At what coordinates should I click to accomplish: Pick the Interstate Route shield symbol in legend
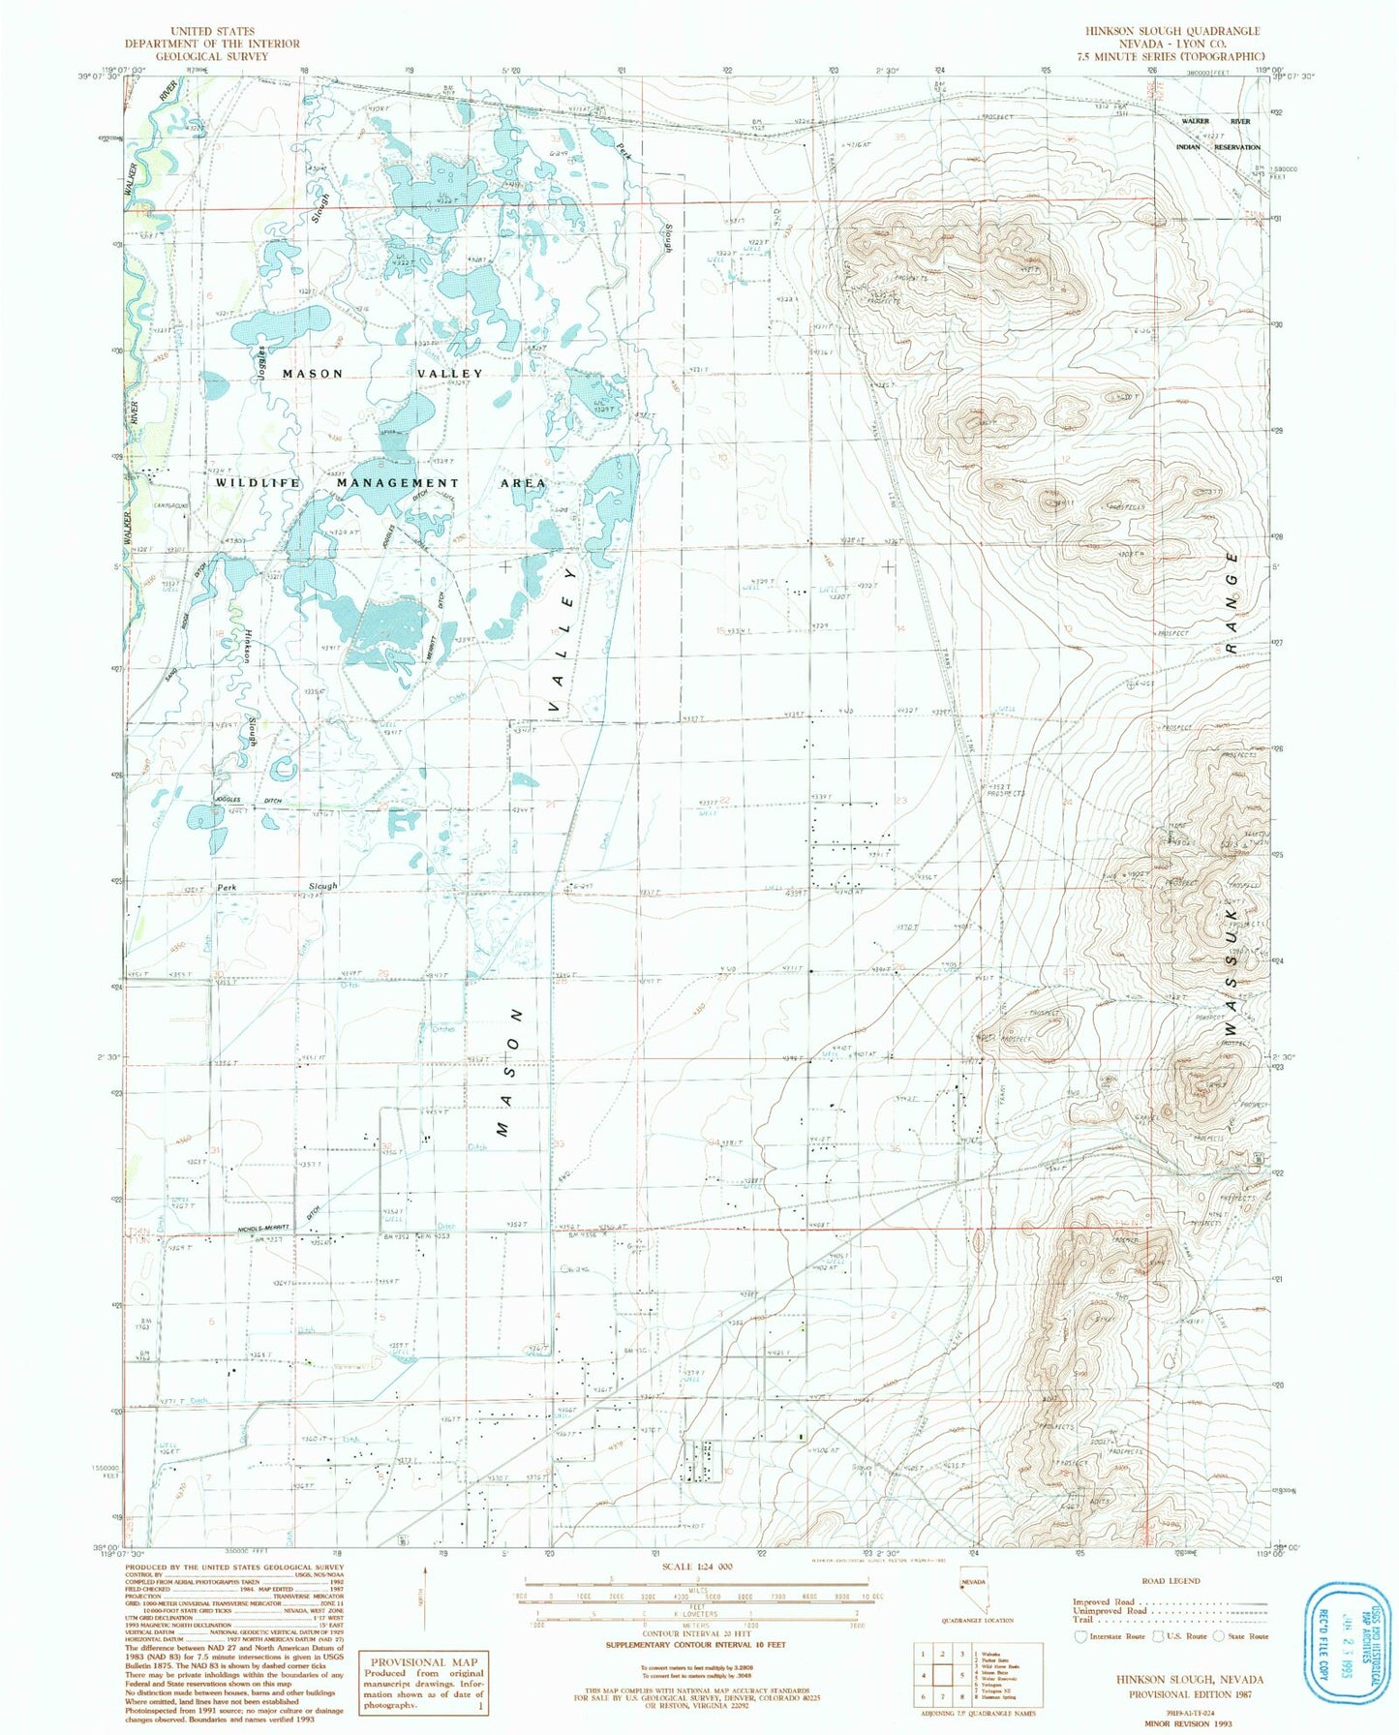(x=1080, y=1636)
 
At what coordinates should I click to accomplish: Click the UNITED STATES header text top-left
(x=211, y=31)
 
